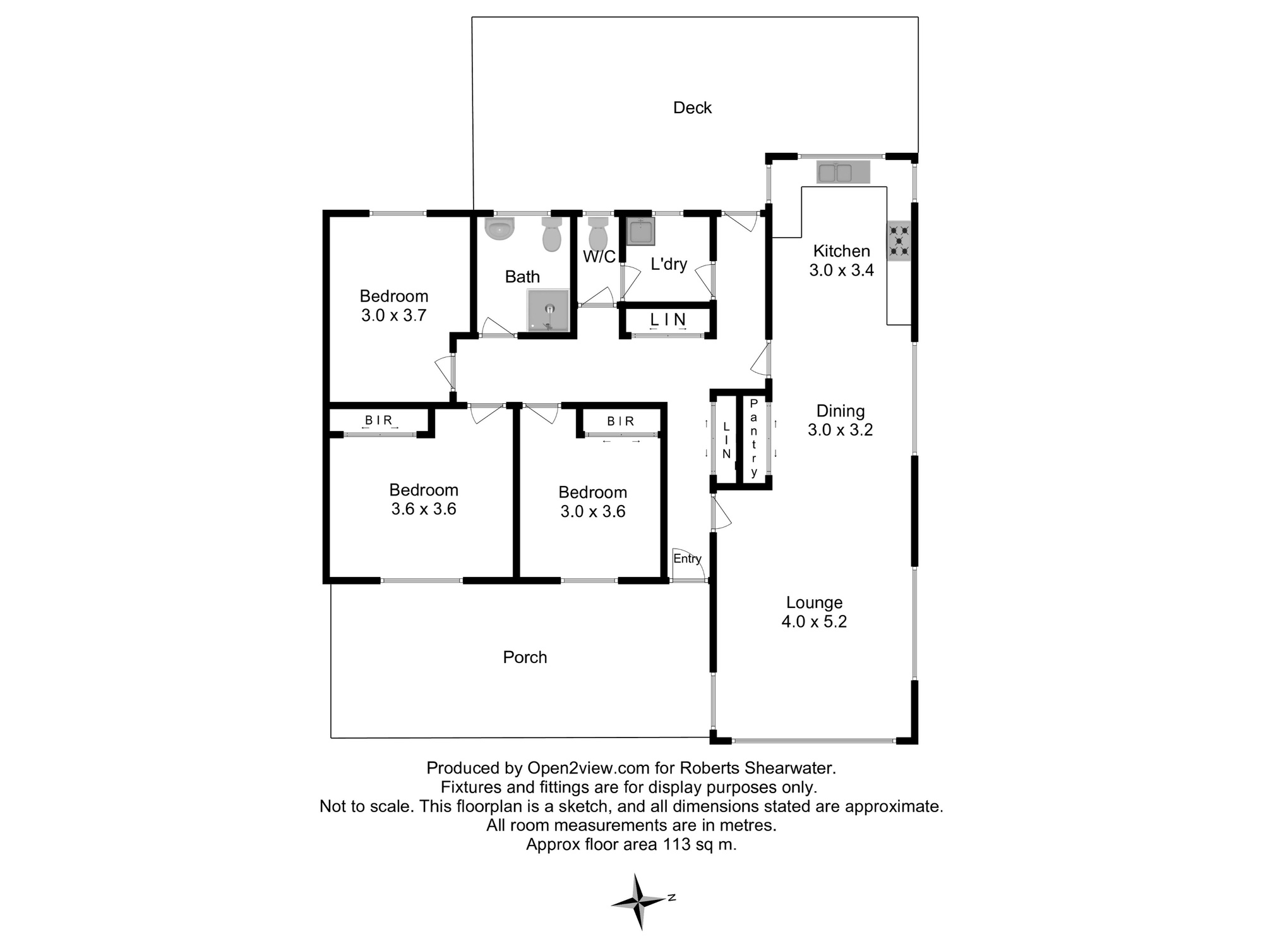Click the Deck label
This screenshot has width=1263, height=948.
coord(692,108)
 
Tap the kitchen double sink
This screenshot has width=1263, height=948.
coord(843,172)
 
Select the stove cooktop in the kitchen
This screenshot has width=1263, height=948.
coord(899,241)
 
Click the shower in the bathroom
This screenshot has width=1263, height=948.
coord(548,310)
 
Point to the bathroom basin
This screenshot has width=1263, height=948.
coord(500,229)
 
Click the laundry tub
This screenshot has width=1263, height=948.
coord(640,231)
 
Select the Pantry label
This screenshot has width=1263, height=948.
coord(754,438)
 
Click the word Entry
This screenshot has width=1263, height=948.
coord(687,559)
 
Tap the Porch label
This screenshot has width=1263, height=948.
coord(525,657)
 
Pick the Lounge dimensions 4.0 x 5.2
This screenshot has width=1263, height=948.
coord(814,622)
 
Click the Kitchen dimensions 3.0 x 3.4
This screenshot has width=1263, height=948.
coord(841,270)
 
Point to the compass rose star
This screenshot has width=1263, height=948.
coord(639,901)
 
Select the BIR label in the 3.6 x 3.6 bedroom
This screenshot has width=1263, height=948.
coord(379,420)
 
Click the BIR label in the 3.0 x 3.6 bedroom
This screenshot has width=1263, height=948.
coord(621,422)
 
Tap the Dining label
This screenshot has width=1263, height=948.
coord(841,411)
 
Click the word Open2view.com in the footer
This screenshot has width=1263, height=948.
coord(589,769)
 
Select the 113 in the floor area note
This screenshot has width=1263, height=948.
coord(676,844)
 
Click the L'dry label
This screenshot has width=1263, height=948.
coord(669,264)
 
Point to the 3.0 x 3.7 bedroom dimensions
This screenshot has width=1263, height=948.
coord(394,315)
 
